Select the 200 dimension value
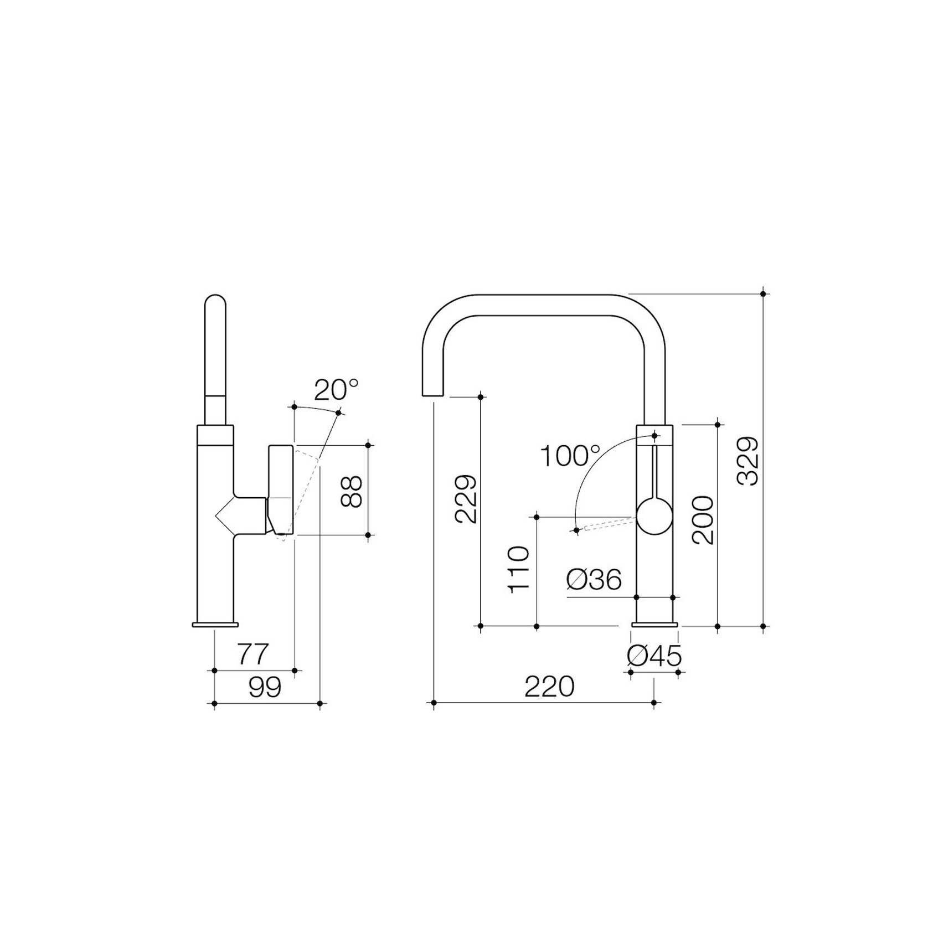tap(702, 520)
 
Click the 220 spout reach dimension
tap(550, 687)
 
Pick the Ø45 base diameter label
tap(654, 657)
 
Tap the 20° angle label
tap(336, 390)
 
